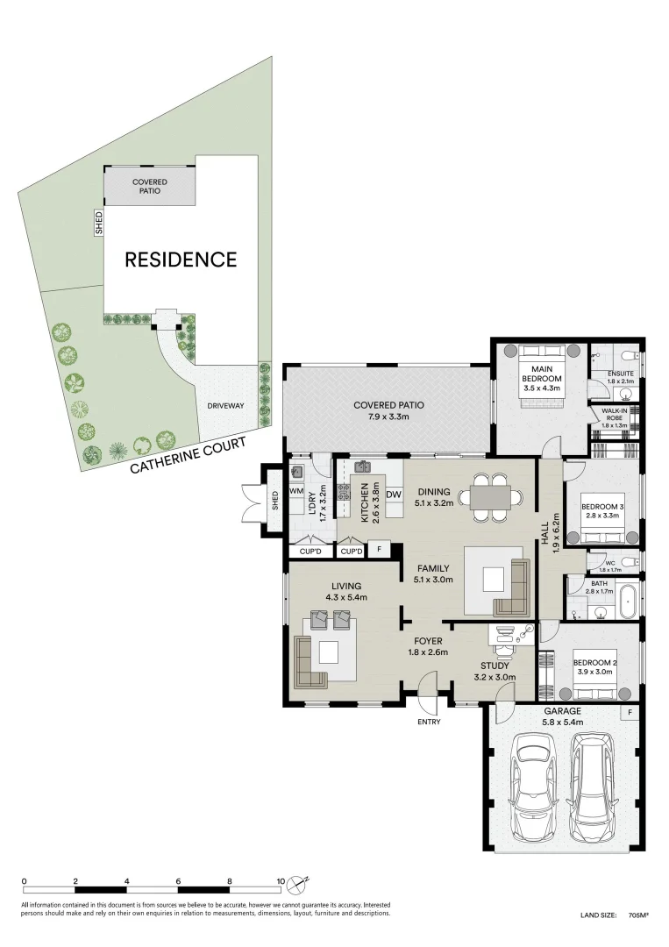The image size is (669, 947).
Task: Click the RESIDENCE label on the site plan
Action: point(181,260)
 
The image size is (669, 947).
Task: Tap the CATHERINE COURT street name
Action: point(185,452)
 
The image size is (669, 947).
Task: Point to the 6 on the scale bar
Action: point(178,880)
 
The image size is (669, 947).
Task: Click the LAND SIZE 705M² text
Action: point(614,915)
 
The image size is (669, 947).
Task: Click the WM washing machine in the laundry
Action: point(296,491)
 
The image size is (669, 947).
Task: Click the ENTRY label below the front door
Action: point(429,723)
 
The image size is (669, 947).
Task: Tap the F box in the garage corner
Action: point(629,713)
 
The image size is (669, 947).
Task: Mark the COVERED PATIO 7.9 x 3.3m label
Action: point(388,410)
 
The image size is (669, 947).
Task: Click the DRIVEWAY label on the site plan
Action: point(226,406)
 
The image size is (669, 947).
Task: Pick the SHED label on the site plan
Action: point(99,223)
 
